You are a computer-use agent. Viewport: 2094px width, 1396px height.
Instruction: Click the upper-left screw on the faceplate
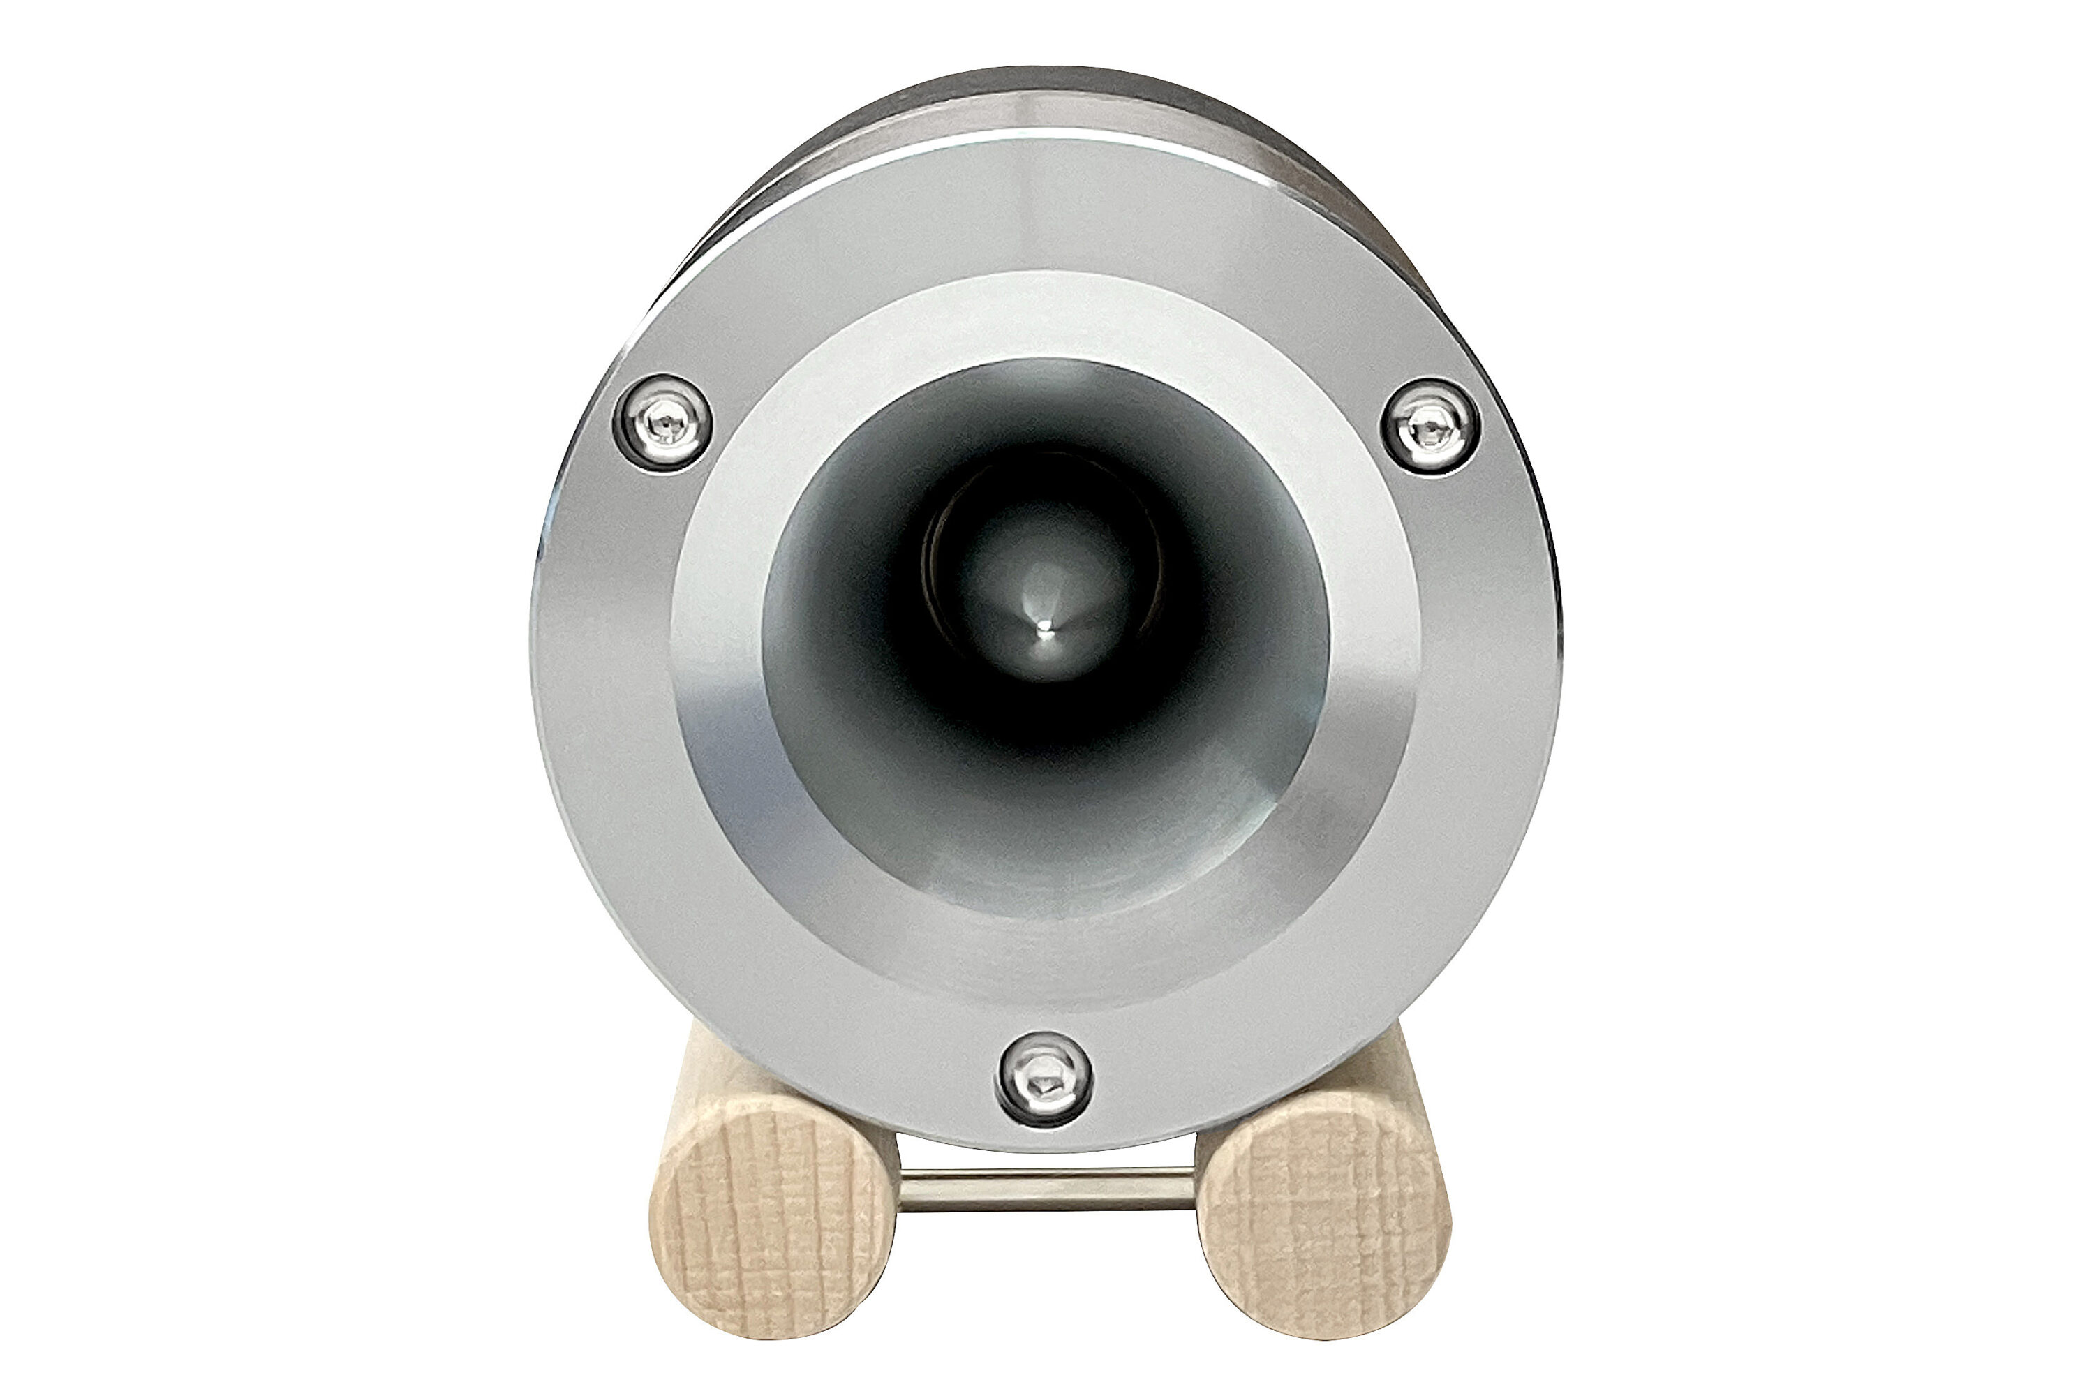point(662,422)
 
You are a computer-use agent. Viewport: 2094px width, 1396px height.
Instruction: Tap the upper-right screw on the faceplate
point(1430,426)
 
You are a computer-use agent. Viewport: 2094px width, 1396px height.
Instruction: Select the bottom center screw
point(1044,1079)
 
